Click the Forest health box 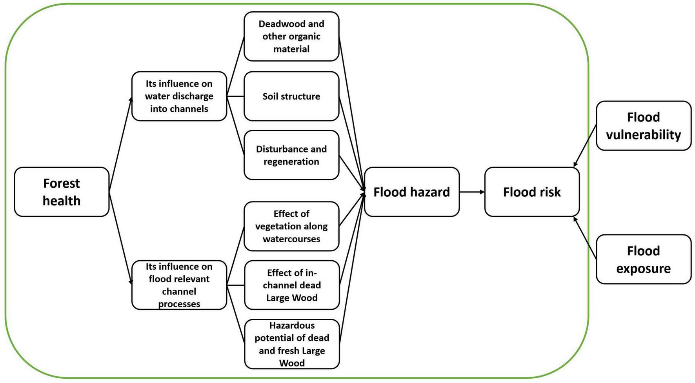[x=62, y=192]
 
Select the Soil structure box [x=291, y=96]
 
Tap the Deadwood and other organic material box [x=291, y=36]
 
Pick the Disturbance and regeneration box [x=291, y=155]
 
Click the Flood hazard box [x=411, y=192]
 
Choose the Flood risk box [x=531, y=192]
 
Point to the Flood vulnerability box [x=643, y=125]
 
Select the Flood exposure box [x=643, y=259]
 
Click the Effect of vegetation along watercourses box [x=291, y=226]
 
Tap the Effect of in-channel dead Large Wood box [x=291, y=285]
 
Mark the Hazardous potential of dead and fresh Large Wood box [x=291, y=344]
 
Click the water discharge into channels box [x=179, y=96]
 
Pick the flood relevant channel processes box [x=179, y=285]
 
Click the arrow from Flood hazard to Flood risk [x=472, y=192]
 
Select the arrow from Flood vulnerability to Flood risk [x=585, y=145]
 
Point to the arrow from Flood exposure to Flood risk [x=585, y=238]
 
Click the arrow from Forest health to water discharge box [x=120, y=144]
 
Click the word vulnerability [x=643, y=134]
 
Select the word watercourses [x=291, y=239]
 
